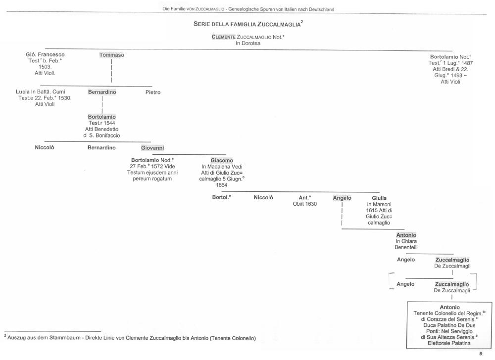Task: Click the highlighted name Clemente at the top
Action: coord(224,37)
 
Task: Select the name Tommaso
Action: coord(111,55)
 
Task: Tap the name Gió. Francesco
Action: coord(45,54)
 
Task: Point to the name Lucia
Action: coord(23,92)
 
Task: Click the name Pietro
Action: coord(153,92)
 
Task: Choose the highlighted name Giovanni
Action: coord(152,147)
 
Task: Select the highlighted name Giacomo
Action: coord(221,160)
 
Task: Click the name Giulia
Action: coord(379,198)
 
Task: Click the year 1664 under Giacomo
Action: coord(221,185)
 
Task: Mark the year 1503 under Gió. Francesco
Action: coord(45,67)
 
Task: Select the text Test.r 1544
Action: coord(101,123)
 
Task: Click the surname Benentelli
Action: coord(406,247)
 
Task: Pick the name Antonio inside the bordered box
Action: coord(449,307)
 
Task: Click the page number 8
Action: coord(480,354)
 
